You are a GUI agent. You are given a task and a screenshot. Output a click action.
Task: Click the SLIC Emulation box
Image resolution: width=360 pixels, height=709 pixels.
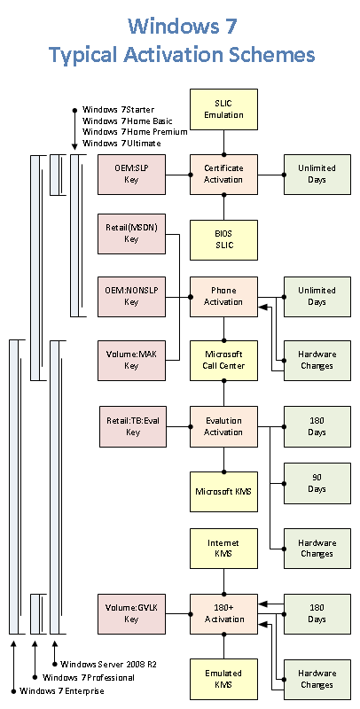[x=223, y=109]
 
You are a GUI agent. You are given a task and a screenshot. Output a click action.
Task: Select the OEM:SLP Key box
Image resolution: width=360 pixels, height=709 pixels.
[x=131, y=175]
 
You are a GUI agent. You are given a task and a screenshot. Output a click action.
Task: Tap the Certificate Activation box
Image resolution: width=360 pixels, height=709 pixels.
[x=223, y=175]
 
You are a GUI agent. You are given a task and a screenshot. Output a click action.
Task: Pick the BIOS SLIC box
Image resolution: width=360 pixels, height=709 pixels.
[x=223, y=240]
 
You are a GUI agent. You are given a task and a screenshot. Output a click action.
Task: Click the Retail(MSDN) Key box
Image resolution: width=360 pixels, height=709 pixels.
[x=131, y=234]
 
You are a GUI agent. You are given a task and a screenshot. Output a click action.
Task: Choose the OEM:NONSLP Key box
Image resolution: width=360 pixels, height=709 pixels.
[x=131, y=297]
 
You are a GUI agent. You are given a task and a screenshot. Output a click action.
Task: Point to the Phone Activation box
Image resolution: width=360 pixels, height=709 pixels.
[x=223, y=297]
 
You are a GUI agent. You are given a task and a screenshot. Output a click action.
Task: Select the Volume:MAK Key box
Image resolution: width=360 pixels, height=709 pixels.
[x=131, y=361]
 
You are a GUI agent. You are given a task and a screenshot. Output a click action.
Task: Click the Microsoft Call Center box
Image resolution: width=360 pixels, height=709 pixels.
[x=223, y=361]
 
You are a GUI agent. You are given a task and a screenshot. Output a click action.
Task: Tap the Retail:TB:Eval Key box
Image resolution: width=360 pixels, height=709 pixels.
[x=133, y=426]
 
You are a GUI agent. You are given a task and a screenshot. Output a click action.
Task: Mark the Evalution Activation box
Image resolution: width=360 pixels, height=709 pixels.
[x=223, y=426]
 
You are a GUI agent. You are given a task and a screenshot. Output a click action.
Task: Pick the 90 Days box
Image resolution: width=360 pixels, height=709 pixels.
[x=317, y=483]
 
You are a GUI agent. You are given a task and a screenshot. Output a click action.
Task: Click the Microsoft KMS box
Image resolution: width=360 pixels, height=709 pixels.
[x=223, y=492]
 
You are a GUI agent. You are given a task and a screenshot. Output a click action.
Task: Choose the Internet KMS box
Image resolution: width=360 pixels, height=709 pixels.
[x=223, y=549]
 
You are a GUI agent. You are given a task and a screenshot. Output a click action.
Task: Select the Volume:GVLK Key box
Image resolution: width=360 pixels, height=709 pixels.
[x=131, y=614]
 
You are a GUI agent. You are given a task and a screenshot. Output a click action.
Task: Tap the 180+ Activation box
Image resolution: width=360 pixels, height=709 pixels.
[x=223, y=614]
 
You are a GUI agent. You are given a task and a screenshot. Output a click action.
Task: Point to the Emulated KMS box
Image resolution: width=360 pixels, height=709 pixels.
[x=223, y=679]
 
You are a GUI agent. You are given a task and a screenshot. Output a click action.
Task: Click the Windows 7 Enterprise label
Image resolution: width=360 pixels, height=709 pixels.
[x=61, y=691]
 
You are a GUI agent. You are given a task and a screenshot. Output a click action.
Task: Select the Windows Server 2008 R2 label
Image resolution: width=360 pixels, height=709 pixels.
[x=108, y=664]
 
